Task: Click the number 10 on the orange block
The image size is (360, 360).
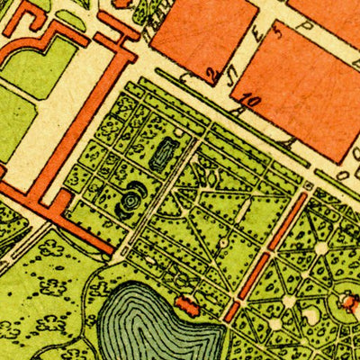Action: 249,101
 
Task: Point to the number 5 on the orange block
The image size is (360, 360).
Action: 277,33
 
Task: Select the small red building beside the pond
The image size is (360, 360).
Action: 189,306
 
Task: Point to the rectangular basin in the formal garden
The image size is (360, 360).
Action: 164,157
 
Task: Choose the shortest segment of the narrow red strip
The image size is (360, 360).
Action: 231,312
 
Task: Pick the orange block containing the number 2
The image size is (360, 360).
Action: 202,31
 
